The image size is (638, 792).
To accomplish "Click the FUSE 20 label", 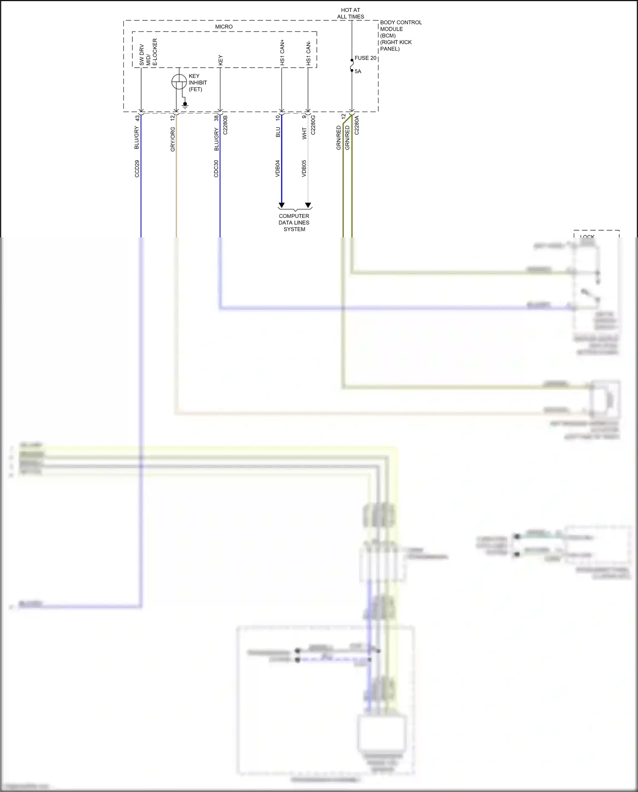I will (365, 58).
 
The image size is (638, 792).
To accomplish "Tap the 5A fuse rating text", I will (358, 71).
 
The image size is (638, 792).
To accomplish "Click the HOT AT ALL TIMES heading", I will (350, 13).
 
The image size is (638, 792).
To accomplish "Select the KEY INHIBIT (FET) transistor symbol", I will (179, 82).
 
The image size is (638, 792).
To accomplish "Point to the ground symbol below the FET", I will (185, 105).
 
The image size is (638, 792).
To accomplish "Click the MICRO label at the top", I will (224, 26).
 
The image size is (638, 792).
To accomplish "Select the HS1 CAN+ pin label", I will (282, 53).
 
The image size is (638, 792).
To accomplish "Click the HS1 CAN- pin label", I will (308, 54).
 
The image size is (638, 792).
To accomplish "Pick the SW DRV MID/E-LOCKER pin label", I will (148, 52).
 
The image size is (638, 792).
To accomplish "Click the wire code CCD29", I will (137, 169).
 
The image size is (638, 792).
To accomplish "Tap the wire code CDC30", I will (216, 169).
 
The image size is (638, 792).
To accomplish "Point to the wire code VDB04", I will (278, 169).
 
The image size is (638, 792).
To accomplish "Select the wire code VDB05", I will (304, 169).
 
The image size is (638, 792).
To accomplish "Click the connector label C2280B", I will (225, 125).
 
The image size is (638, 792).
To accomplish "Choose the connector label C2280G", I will (313, 125).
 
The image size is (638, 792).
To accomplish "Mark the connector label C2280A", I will (357, 125).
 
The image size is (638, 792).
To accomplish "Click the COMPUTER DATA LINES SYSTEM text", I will (294, 223).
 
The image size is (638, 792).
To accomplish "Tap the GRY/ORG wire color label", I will (173, 139).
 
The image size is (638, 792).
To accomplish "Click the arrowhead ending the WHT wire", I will (308, 205).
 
